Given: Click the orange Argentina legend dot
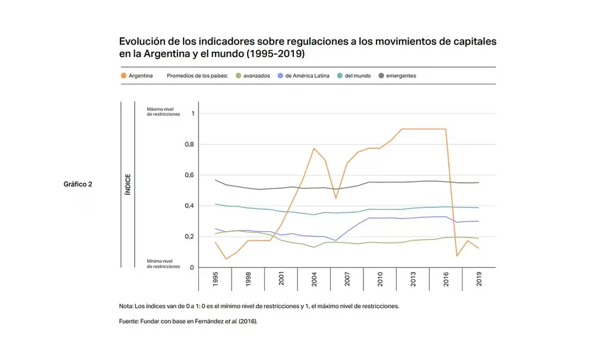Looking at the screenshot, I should click(123, 76).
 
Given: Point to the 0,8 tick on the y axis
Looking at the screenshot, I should click(188, 144).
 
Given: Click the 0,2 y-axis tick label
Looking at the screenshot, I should click(188, 237).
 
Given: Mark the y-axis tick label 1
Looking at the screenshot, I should click(192, 113).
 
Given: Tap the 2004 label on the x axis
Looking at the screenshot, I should click(314, 280).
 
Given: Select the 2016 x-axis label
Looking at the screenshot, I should click(446, 280).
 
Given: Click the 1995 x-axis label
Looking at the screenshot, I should click(215, 280).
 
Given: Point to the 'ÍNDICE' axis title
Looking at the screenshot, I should click(128, 184).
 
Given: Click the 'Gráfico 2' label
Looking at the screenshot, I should click(78, 184).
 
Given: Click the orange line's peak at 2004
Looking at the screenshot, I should click(313, 148).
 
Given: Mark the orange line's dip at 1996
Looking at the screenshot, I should click(226, 259).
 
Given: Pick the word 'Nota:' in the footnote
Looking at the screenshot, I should click(127, 307).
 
